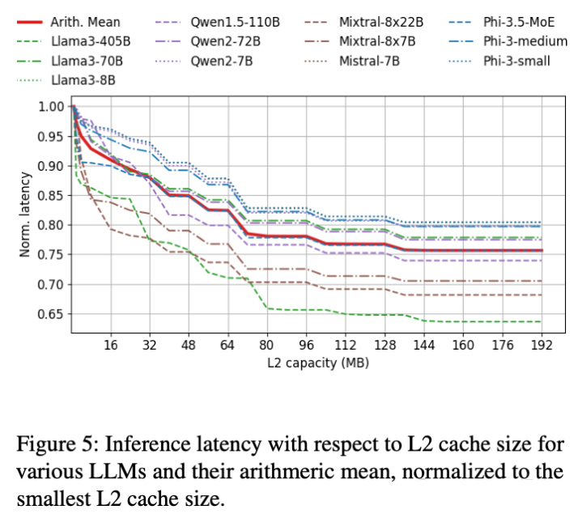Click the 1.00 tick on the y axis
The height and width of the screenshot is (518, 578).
[x=52, y=107]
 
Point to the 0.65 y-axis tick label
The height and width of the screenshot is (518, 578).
[x=52, y=314]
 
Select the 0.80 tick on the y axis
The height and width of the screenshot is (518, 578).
[x=52, y=225]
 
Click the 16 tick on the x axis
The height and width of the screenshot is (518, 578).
[x=111, y=345]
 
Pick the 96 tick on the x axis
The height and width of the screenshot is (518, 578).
[x=306, y=345]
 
